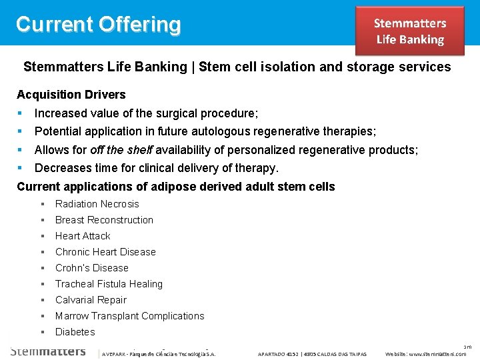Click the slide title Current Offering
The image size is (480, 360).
(98, 24)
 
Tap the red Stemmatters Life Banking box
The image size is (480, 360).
(409, 31)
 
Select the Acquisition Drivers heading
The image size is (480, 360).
(71, 95)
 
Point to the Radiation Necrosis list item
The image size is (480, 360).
(97, 204)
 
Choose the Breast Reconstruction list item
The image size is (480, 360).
(104, 220)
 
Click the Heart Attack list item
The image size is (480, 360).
(83, 236)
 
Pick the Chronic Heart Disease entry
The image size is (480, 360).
(105, 252)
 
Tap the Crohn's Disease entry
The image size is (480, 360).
(91, 268)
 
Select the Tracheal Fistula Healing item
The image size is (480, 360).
(109, 284)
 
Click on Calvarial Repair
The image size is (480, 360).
(91, 300)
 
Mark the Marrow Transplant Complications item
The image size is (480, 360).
(129, 316)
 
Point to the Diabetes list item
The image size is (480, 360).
(75, 332)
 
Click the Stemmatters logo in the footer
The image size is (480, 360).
(48, 351)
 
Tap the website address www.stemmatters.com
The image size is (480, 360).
(426, 354)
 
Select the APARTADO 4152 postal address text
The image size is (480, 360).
(312, 354)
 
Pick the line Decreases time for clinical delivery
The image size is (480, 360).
(156, 168)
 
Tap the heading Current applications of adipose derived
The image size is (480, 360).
(175, 187)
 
